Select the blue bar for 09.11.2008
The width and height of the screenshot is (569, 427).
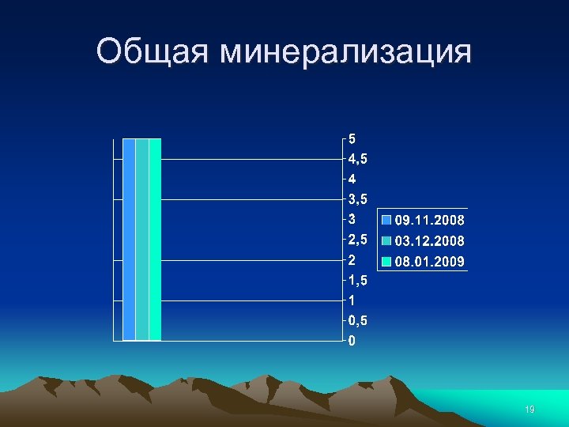click(x=129, y=239)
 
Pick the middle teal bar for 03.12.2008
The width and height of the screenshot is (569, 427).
click(x=141, y=239)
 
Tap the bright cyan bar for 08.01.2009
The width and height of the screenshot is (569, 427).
click(x=155, y=239)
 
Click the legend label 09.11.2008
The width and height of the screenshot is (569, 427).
click(x=430, y=219)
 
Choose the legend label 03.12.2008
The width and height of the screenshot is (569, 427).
click(x=430, y=240)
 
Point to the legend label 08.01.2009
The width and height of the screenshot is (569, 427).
click(x=430, y=261)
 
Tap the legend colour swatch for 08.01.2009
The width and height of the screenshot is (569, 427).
click(x=387, y=261)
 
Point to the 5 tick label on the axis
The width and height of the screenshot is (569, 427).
click(x=352, y=138)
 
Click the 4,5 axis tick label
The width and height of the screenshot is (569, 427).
click(x=357, y=158)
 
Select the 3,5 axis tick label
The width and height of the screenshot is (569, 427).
click(x=357, y=199)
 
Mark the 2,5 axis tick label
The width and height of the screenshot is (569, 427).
click(x=357, y=240)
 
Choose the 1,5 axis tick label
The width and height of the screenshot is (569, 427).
click(x=357, y=281)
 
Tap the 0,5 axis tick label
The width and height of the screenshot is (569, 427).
click(x=357, y=321)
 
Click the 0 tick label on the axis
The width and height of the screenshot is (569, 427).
click(x=352, y=342)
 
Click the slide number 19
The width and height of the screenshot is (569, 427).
click(x=529, y=410)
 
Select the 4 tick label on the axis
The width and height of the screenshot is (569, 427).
click(x=352, y=179)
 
